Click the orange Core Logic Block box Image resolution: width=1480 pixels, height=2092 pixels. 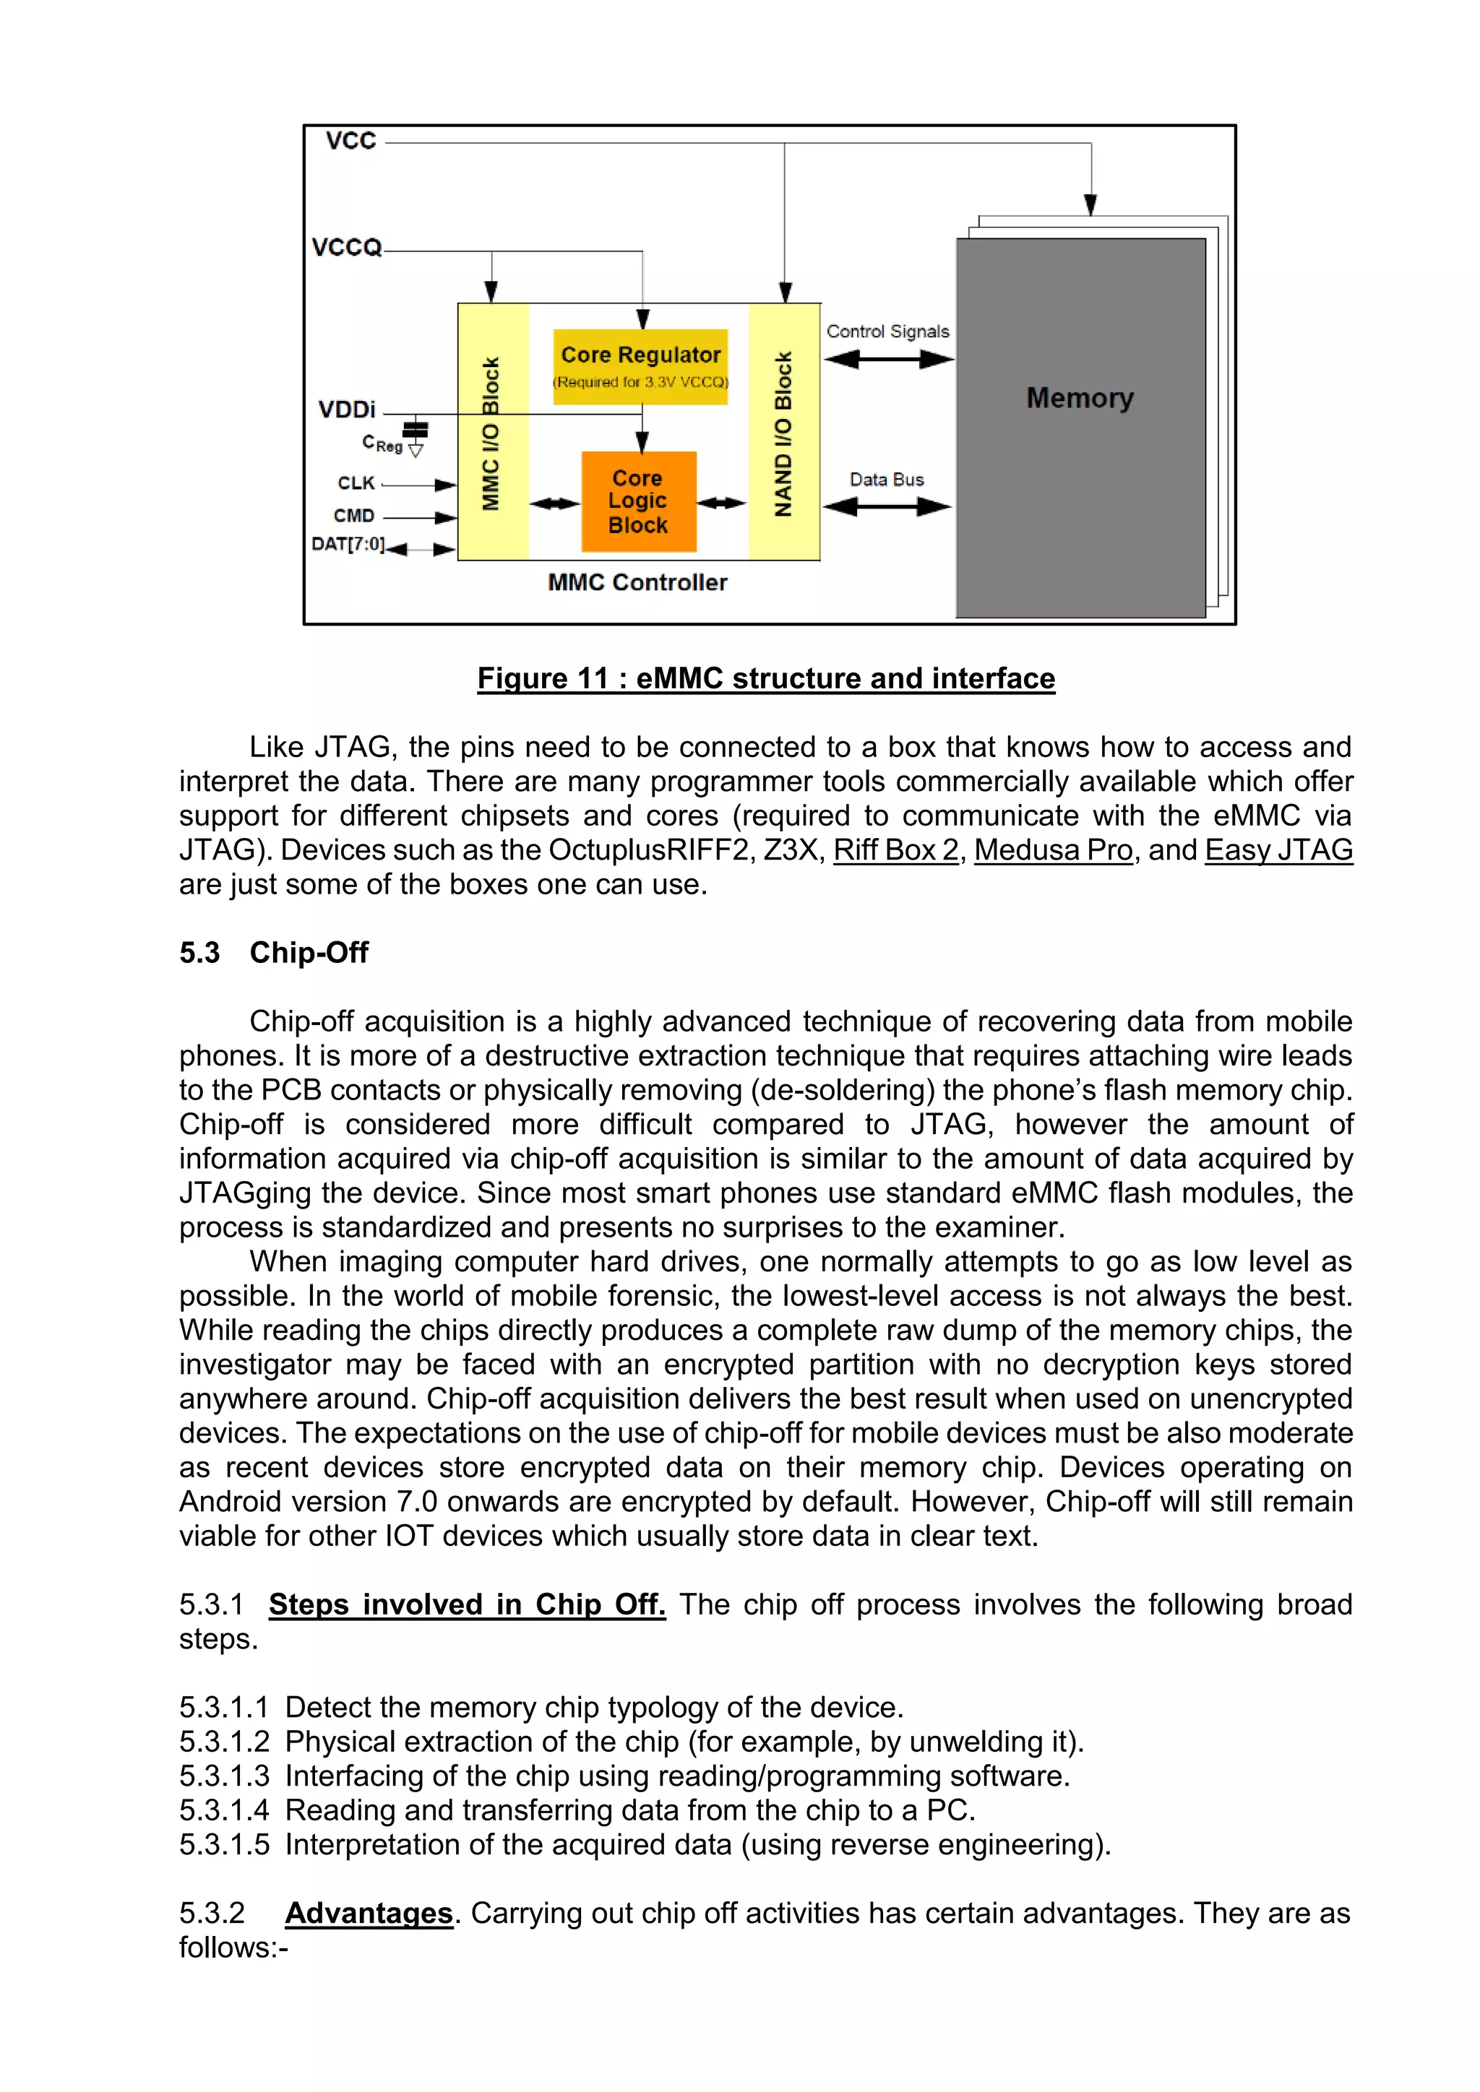click(639, 501)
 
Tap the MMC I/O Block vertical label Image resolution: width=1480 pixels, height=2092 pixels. click(491, 433)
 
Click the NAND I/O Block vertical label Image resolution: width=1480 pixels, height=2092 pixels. click(783, 433)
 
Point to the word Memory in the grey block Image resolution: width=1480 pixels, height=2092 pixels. click(1080, 398)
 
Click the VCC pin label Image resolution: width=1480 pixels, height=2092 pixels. click(351, 142)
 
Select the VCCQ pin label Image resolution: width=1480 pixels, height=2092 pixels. click(346, 248)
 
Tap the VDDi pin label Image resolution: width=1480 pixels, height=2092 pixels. click(346, 409)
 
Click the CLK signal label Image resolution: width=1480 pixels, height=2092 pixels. click(356, 483)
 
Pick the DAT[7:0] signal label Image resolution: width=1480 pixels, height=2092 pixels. click(347, 544)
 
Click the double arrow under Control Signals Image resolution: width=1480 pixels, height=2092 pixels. click(889, 359)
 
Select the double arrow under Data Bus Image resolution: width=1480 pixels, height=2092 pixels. click(887, 506)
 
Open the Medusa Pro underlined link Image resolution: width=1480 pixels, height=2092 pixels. click(1053, 850)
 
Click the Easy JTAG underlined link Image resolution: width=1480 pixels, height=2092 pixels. click(1278, 850)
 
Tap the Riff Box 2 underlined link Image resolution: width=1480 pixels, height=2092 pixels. click(896, 850)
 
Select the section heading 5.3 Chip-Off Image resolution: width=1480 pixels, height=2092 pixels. click(273, 952)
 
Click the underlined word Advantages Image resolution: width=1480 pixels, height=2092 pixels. click(369, 1913)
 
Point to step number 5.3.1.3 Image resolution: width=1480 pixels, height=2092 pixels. click(224, 1776)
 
